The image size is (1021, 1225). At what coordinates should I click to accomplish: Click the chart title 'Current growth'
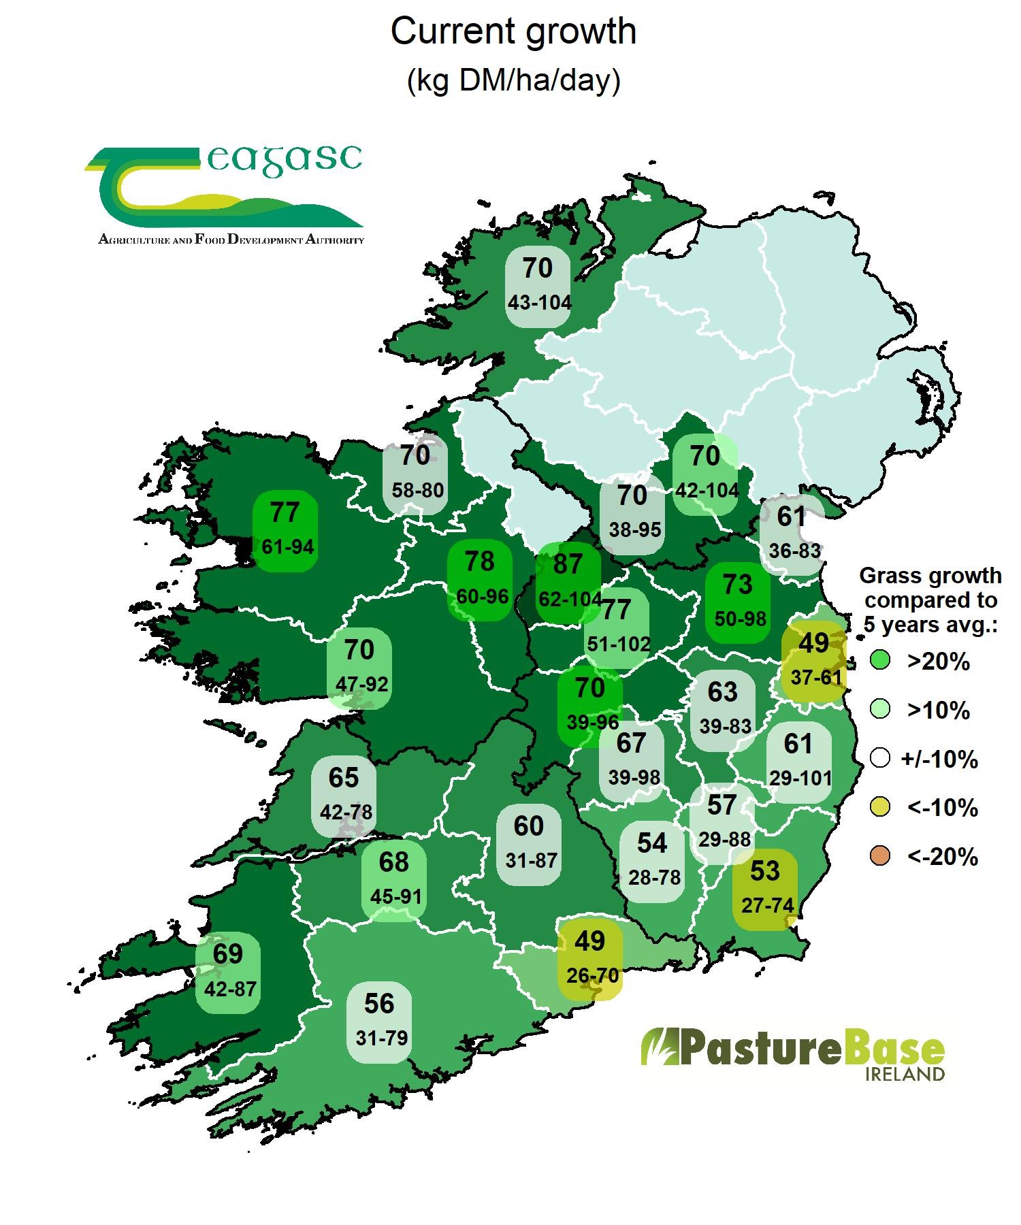(513, 32)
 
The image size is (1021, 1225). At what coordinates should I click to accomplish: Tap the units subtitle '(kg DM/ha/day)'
(513, 81)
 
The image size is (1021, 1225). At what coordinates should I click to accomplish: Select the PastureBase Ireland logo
(793, 1056)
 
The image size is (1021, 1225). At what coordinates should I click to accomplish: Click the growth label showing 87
(568, 582)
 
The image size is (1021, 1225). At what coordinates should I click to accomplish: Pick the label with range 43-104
(539, 286)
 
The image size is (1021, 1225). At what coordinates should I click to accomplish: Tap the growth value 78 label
(481, 579)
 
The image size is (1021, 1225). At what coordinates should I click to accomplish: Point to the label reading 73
(739, 602)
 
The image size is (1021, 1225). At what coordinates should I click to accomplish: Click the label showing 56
(380, 1021)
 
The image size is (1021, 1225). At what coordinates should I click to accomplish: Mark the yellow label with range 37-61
(815, 661)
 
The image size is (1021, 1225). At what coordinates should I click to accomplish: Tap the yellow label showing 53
(766, 888)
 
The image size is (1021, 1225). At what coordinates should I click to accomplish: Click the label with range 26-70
(591, 958)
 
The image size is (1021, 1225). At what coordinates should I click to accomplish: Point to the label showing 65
(344, 794)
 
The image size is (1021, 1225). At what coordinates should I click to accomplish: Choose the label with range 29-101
(799, 761)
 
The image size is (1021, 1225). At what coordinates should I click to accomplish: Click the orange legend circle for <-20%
(880, 856)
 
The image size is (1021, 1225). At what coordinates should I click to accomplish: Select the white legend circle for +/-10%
(880, 758)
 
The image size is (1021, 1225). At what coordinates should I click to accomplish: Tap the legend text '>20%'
(938, 661)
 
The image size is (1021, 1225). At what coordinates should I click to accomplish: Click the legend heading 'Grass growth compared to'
(930, 588)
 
